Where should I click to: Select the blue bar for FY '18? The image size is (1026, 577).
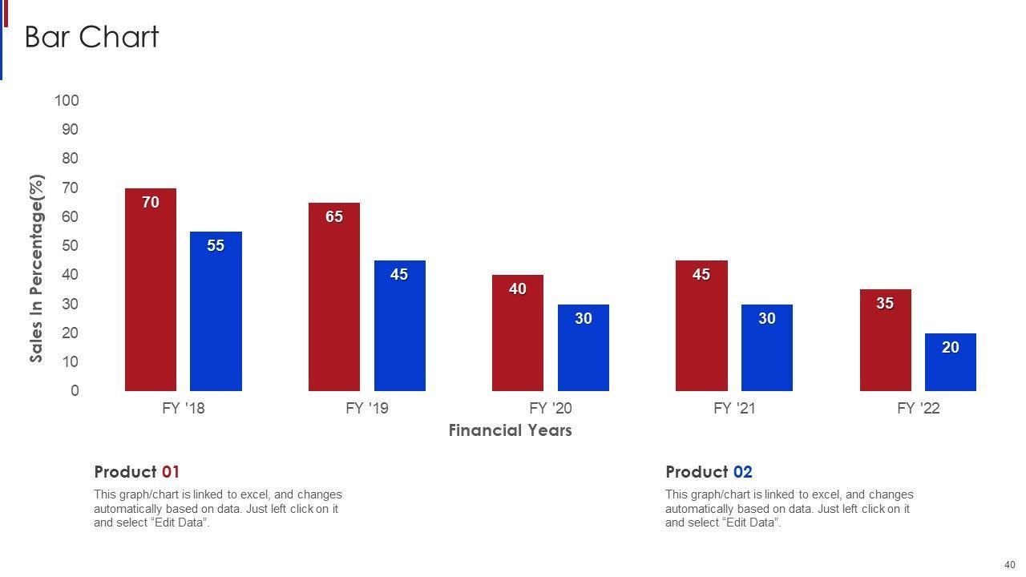(x=216, y=317)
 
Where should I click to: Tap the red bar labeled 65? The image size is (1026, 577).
(x=334, y=301)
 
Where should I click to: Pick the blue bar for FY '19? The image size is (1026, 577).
(x=399, y=329)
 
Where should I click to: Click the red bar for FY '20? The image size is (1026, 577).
(x=518, y=337)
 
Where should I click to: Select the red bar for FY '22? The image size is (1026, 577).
(x=885, y=345)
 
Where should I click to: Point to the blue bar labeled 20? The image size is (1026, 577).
(x=950, y=365)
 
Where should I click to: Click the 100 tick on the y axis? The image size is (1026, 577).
(x=67, y=100)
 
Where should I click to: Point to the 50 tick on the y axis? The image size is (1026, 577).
(x=71, y=245)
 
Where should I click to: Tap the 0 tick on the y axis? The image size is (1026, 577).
(x=75, y=390)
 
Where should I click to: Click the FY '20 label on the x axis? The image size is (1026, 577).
(x=551, y=408)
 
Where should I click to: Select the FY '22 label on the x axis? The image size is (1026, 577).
(x=919, y=408)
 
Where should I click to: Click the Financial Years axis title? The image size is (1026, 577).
(x=510, y=430)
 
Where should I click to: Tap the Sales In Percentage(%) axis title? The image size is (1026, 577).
(x=37, y=268)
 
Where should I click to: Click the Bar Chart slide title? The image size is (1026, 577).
(x=92, y=37)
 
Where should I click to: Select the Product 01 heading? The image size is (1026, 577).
(x=137, y=472)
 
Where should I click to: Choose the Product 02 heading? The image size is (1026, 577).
(x=709, y=472)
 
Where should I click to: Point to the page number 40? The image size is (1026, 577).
(x=1009, y=565)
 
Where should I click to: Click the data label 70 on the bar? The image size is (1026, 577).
(x=151, y=203)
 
